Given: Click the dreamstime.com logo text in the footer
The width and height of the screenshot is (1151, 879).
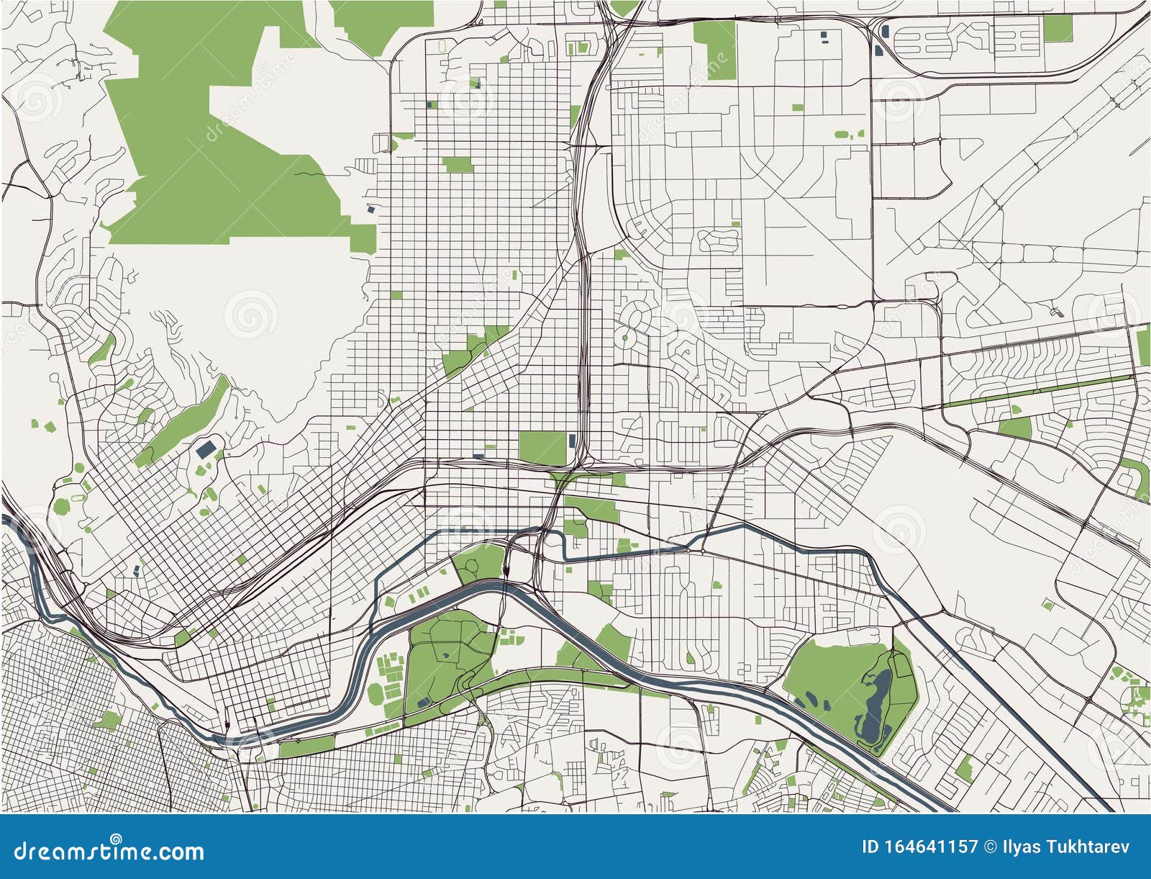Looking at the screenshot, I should pyautogui.click(x=102, y=852).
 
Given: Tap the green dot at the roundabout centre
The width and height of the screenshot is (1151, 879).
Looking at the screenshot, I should pyautogui.click(x=624, y=336).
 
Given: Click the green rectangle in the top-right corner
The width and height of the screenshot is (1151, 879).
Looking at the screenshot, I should pyautogui.click(x=1057, y=27).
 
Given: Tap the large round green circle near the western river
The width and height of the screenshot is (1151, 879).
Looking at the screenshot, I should pyautogui.click(x=61, y=508).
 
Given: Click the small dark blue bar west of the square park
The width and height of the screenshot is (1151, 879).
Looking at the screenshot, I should pyautogui.click(x=479, y=456).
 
